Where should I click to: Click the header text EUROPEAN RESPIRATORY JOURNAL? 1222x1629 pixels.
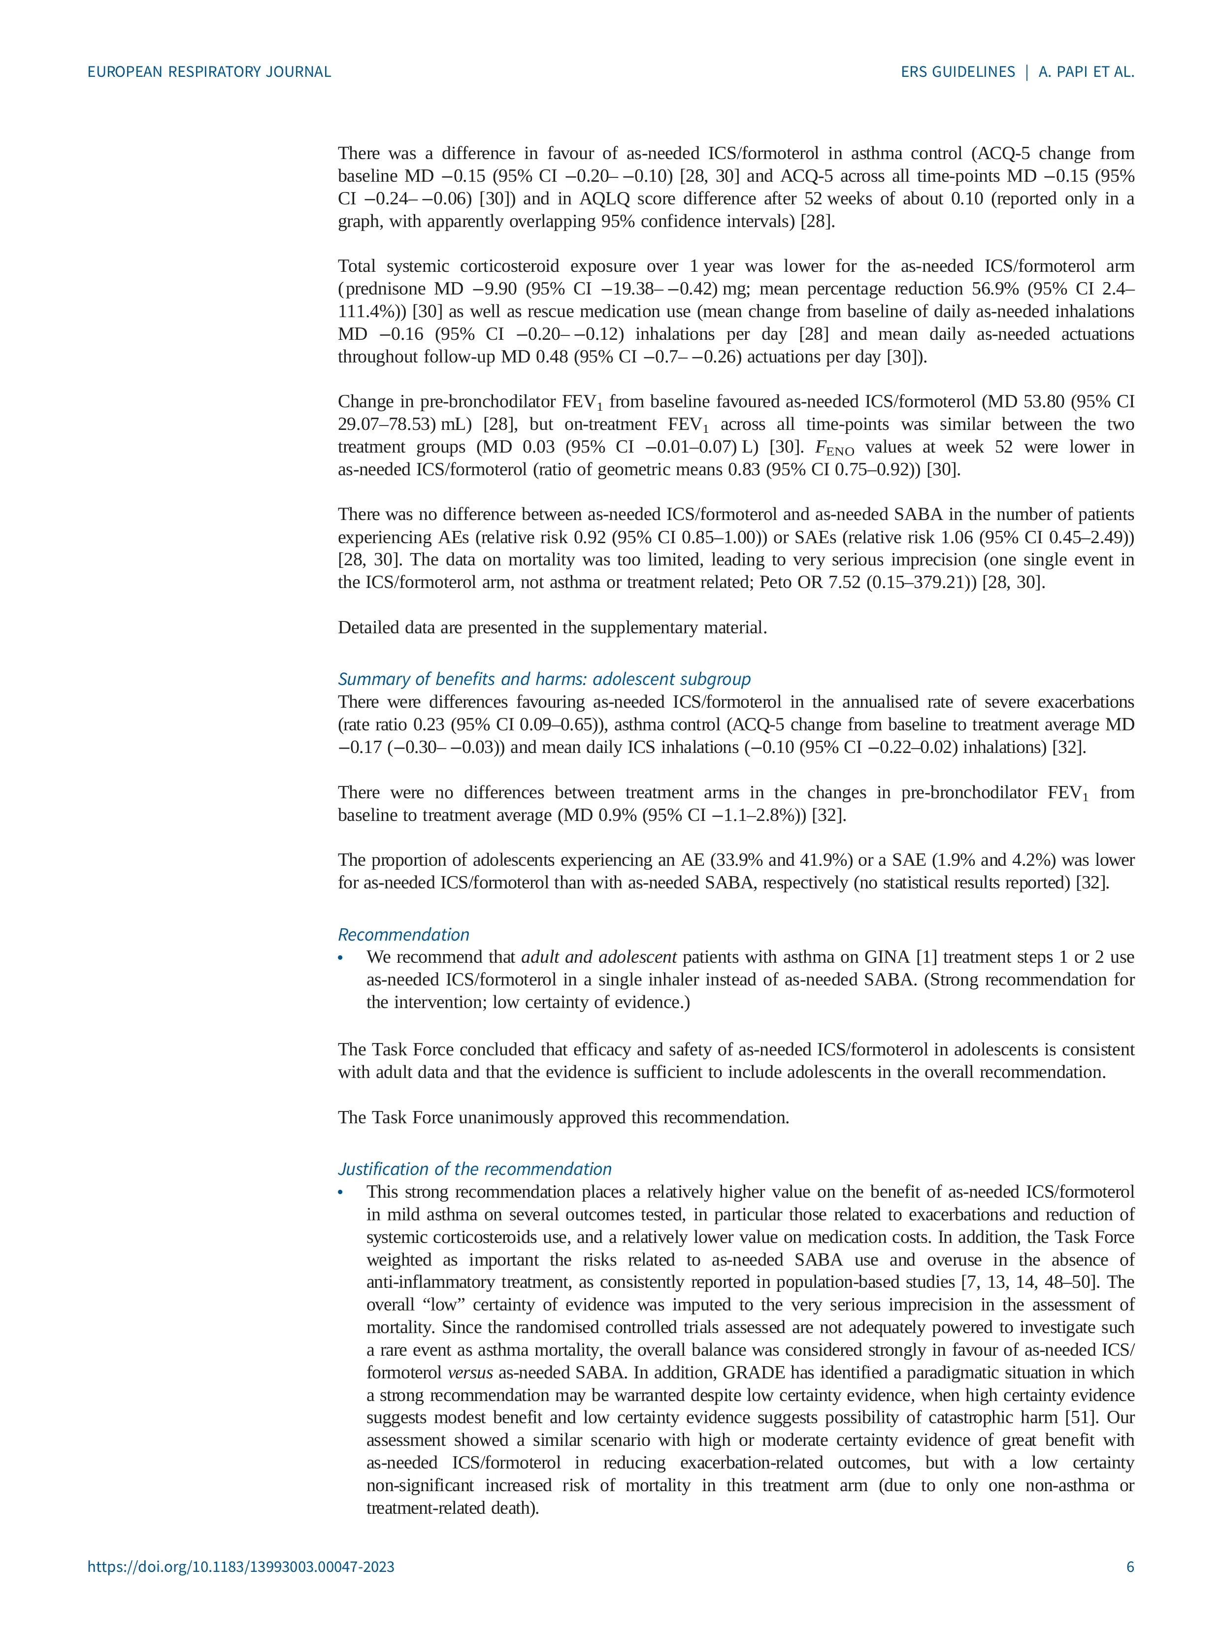click(x=209, y=71)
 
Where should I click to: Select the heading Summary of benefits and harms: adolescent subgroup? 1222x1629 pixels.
click(x=544, y=679)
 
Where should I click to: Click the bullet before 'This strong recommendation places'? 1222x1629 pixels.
click(x=341, y=1192)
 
